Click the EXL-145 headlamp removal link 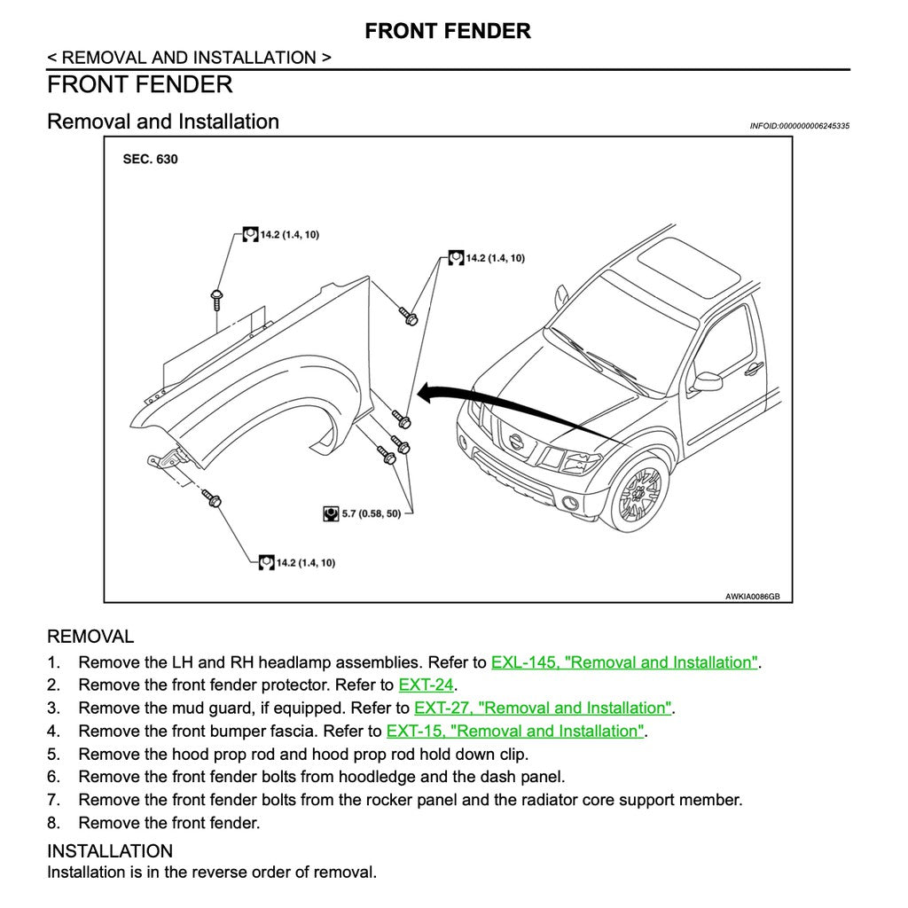coord(624,662)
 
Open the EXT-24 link coord(426,685)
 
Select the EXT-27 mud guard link coord(543,708)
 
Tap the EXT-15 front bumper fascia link coord(515,731)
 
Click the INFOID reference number coord(799,126)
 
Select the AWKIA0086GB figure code coord(752,597)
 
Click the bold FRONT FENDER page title coord(448,31)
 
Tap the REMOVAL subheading coord(90,636)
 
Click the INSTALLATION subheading coord(109,851)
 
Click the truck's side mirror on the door coord(707,381)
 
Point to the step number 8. coord(53,823)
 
